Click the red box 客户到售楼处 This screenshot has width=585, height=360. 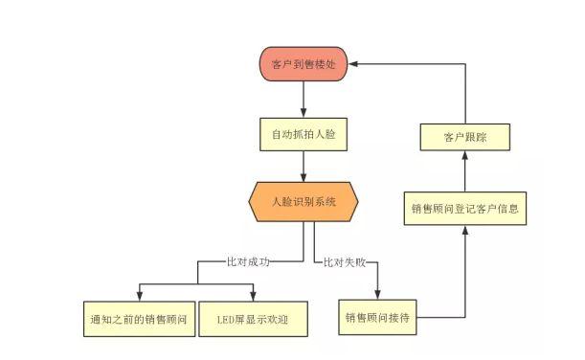pos(303,63)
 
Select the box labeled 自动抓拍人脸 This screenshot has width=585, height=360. pos(303,135)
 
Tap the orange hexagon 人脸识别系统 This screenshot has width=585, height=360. pos(303,202)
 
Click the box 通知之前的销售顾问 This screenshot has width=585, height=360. pos(137,319)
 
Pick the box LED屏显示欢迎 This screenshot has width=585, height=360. pos(253,319)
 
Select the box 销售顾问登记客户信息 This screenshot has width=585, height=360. pos(465,208)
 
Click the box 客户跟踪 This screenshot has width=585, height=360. pos(465,137)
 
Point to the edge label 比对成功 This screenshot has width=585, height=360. pos(247,259)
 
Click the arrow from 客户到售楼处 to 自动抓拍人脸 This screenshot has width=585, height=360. pos(303,99)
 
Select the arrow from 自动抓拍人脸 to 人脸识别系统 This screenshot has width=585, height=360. pos(303,168)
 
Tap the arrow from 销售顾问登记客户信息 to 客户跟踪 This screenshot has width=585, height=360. pos(465,172)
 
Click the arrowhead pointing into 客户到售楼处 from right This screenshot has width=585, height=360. pos(351,63)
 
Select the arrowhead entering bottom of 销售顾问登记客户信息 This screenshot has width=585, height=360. pos(465,230)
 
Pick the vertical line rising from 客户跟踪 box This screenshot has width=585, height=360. pos(465,96)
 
